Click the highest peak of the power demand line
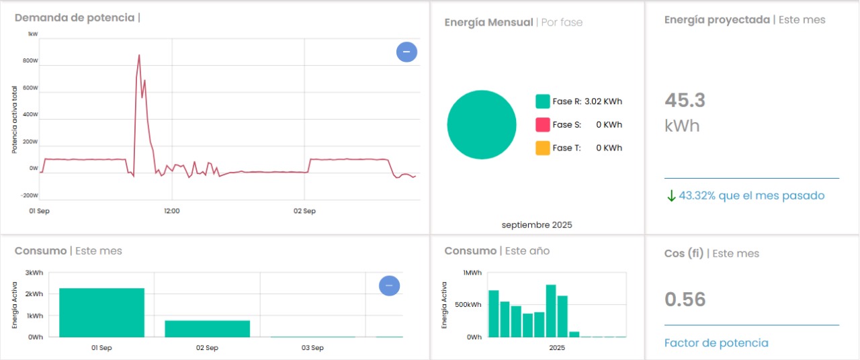pos(139,55)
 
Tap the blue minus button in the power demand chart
pos(406,52)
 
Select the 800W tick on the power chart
pos(30,60)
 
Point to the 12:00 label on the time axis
pos(172,211)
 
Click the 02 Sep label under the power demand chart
pos(304,211)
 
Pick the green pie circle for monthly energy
pos(482,124)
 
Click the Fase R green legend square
pos(543,101)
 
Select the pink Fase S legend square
pos(543,124)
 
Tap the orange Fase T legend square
pos(543,148)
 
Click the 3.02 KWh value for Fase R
pos(603,102)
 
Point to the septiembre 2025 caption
pos(537,225)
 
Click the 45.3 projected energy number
pos(685,100)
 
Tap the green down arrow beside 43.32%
pos(671,195)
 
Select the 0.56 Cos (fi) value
pos(685,299)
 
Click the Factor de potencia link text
pos(716,343)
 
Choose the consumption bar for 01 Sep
pos(101,312)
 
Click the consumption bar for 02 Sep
pos(207,328)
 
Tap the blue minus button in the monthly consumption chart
pos(390,286)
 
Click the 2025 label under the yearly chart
pos(557,348)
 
